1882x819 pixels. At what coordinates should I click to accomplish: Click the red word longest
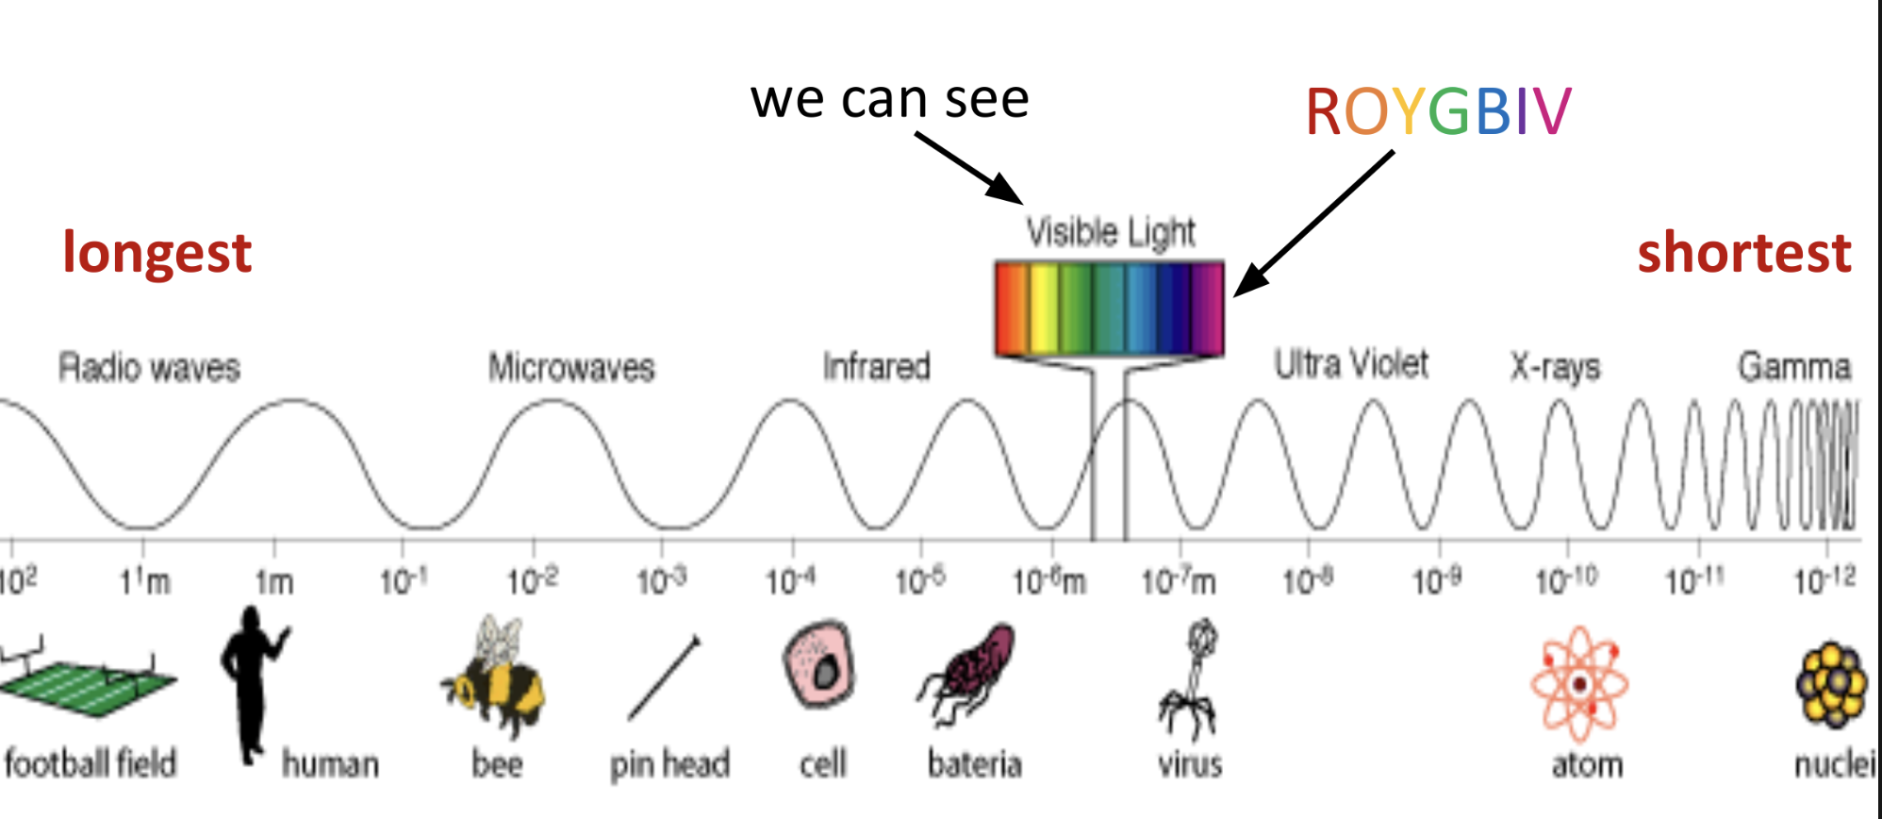point(157,253)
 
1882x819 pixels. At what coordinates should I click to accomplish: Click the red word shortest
point(1743,253)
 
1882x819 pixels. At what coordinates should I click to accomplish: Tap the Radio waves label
point(149,367)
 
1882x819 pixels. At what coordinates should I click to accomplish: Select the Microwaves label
point(570,367)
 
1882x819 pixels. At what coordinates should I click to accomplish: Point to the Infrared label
point(876,366)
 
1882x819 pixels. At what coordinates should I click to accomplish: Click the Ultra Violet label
point(1350,364)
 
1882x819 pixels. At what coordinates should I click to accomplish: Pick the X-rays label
point(1555,367)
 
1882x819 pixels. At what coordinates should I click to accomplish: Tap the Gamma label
point(1793,366)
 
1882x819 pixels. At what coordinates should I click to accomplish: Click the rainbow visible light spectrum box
point(1109,309)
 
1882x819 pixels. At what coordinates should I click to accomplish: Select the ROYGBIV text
point(1438,111)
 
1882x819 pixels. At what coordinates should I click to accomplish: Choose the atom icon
point(1579,683)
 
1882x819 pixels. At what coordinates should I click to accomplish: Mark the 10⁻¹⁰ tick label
point(1566,580)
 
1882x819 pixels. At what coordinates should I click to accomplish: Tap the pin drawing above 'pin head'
point(664,677)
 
